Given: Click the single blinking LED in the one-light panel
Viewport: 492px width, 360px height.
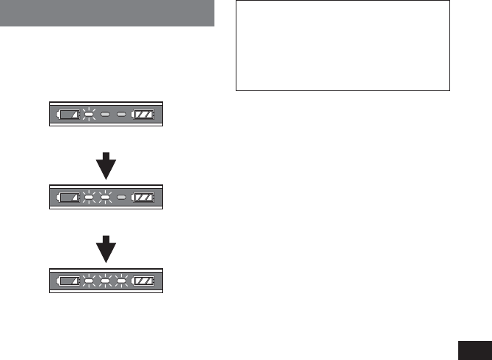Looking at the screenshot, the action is tap(88, 115).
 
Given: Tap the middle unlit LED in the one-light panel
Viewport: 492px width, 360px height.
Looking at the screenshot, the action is tap(105, 115).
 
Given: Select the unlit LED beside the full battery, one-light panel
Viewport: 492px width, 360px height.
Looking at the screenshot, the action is tap(122, 115).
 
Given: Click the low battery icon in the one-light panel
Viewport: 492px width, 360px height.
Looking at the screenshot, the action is tap(68, 115).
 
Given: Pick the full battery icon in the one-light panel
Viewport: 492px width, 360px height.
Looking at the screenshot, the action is tap(144, 115).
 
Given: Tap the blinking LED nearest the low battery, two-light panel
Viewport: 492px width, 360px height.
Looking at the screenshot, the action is tap(88, 197).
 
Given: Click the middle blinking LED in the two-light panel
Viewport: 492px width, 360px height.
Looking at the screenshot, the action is tap(105, 197).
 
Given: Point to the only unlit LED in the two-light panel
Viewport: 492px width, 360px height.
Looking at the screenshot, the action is tap(122, 197).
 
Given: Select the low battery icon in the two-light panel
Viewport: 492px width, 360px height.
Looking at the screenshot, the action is tap(68, 197).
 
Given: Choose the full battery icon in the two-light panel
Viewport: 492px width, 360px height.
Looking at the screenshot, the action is tap(144, 197).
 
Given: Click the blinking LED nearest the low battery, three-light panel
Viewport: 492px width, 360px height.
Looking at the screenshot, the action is tap(88, 280).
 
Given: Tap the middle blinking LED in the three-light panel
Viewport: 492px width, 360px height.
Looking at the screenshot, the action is tap(105, 280).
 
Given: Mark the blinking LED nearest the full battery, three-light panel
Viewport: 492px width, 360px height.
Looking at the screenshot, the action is tap(122, 280).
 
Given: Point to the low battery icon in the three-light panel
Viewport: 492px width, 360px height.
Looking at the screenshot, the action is tap(68, 280).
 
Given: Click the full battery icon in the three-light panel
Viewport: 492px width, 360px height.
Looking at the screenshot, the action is tap(144, 280).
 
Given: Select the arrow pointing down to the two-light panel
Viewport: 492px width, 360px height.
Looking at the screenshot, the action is tap(106, 166).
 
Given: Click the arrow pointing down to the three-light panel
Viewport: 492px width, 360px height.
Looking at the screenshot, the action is tap(106, 249).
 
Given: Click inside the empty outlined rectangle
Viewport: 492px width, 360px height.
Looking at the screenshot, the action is tap(342, 46).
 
